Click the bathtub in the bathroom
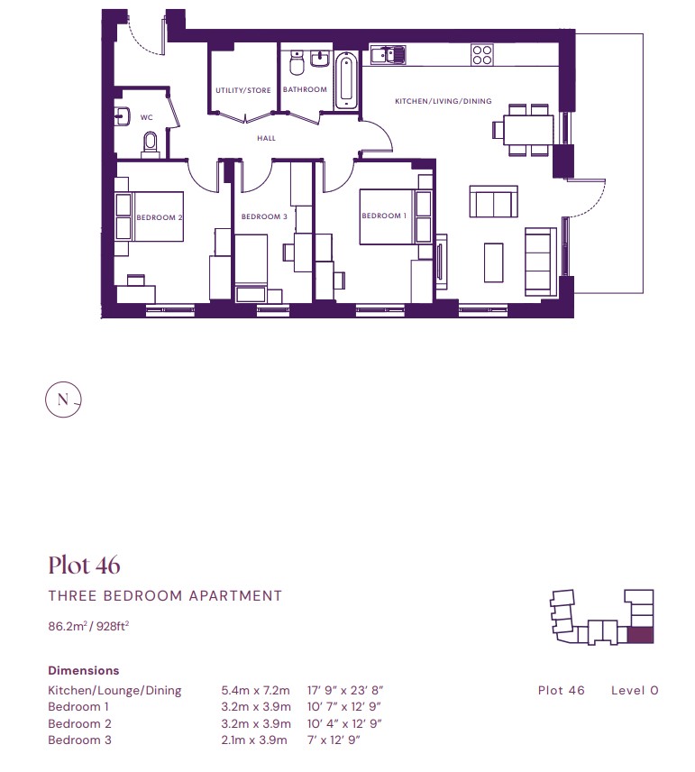click(x=346, y=81)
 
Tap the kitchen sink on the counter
click(x=388, y=54)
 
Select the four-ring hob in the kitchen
click(x=482, y=55)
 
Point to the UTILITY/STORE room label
click(x=243, y=90)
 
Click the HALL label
click(x=266, y=138)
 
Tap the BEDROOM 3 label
click(x=264, y=216)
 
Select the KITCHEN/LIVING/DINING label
click(x=443, y=101)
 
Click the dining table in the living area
click(x=528, y=130)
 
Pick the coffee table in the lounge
click(x=494, y=262)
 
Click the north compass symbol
click(x=63, y=400)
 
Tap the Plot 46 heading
click(x=84, y=565)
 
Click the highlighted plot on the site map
click(x=641, y=636)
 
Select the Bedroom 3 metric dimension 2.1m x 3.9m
click(x=254, y=740)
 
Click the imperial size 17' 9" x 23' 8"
click(x=345, y=690)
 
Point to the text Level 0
click(x=635, y=690)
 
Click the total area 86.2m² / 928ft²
click(x=88, y=626)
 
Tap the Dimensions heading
click(x=84, y=671)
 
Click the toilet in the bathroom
click(x=297, y=63)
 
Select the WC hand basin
click(x=122, y=116)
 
